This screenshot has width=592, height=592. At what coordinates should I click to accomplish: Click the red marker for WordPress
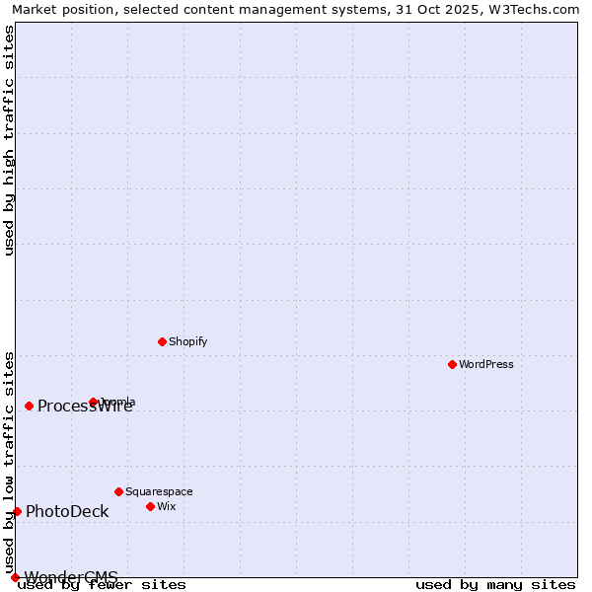tap(453, 364)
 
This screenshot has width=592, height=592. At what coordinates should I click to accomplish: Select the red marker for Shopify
tap(162, 341)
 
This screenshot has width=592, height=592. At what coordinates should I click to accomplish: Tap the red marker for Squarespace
tap(118, 491)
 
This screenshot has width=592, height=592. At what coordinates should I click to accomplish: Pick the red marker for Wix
tap(150, 506)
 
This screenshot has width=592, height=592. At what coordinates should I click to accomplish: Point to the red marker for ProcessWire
tap(30, 406)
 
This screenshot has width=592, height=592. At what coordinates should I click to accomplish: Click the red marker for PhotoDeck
tap(17, 511)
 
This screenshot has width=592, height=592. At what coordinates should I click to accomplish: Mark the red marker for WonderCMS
tap(15, 577)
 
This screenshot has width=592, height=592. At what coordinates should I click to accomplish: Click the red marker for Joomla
tap(94, 402)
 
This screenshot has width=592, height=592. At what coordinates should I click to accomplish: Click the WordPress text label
tap(486, 364)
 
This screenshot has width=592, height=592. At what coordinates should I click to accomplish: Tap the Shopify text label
tap(187, 341)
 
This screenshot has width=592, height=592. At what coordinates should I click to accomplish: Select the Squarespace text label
tap(159, 491)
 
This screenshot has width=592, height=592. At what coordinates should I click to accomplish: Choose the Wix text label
tap(167, 506)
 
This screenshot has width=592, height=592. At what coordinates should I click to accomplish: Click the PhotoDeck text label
tap(67, 511)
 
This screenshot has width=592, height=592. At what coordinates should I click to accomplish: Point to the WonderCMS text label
tap(71, 577)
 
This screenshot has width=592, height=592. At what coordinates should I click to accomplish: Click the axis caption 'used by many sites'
tap(495, 585)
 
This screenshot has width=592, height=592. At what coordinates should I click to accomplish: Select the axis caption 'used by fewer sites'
tap(102, 585)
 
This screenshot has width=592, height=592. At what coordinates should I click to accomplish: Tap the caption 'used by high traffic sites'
tap(9, 141)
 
